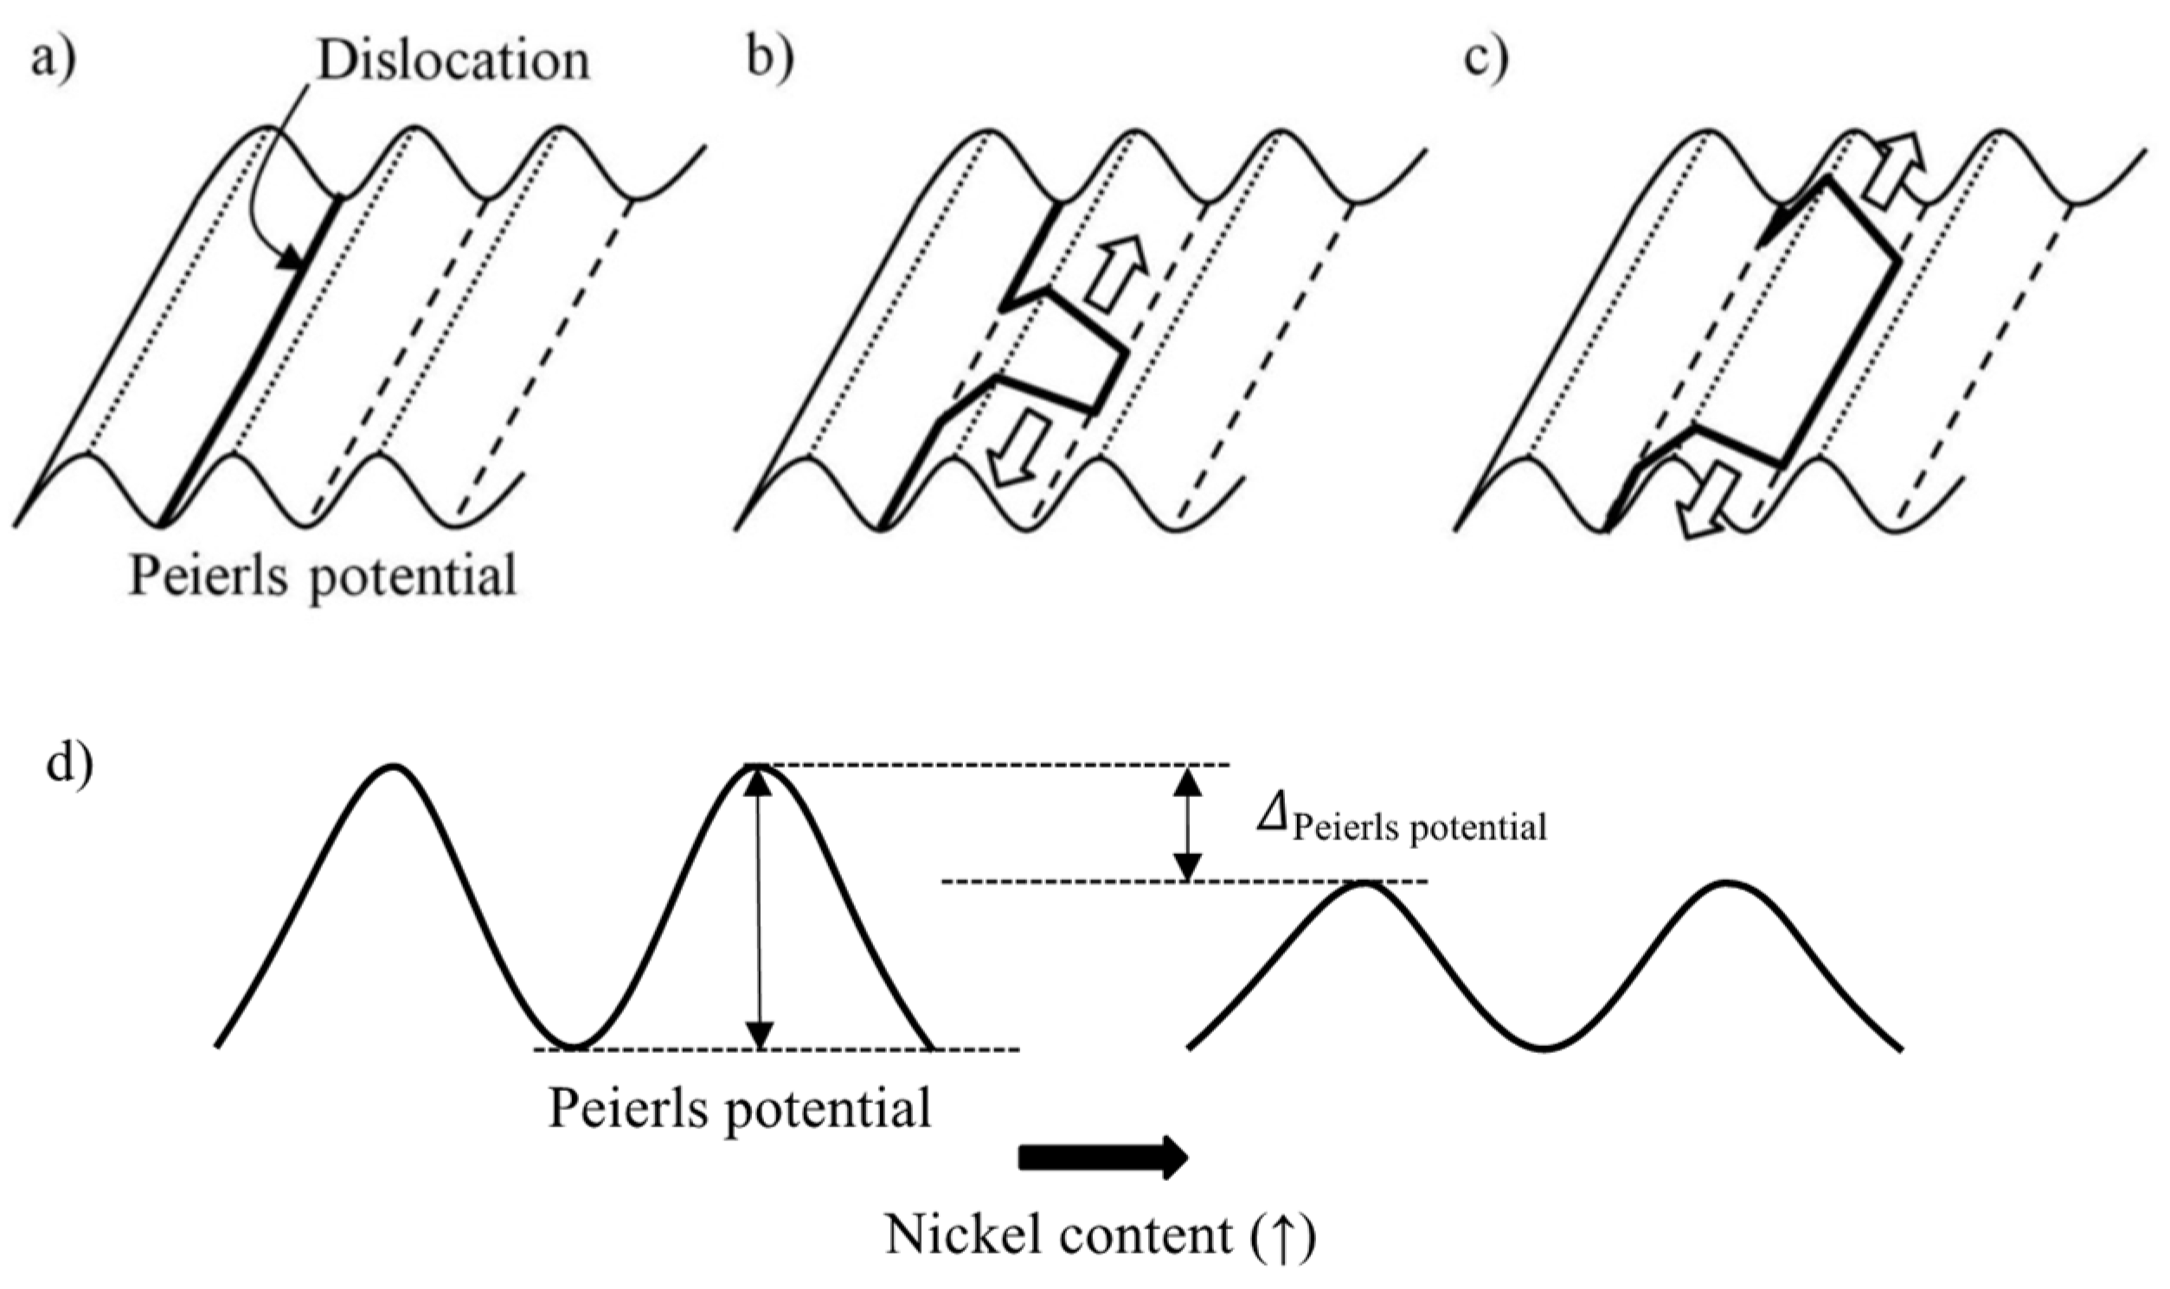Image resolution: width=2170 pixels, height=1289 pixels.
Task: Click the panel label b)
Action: coord(770,61)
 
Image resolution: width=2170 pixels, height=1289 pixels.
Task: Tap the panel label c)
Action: coord(1486,61)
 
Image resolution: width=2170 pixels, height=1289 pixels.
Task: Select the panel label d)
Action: coord(69,765)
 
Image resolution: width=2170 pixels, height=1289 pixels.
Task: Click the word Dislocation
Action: coord(453,61)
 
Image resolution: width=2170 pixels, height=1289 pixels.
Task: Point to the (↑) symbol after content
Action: coord(1285,1235)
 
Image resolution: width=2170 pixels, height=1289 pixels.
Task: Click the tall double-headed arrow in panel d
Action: coord(759,908)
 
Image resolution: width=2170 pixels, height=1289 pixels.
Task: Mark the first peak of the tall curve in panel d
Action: coord(394,768)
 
